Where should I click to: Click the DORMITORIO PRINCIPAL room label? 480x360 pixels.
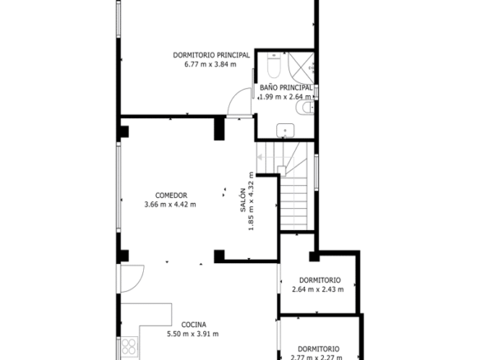pos(211,55)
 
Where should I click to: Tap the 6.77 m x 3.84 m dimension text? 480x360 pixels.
pos(210,65)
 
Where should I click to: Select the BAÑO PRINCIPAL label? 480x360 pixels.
pos(286,88)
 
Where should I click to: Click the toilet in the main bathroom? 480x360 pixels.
pos(274,65)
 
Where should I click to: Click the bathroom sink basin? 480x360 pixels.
pos(285,131)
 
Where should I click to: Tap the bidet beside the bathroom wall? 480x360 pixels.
pos(305,108)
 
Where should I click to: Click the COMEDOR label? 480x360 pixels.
pos(171,196)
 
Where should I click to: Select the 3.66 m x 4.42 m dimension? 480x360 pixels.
pos(170,205)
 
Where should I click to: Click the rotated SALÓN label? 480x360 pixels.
pos(242,201)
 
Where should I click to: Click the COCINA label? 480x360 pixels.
pos(194,325)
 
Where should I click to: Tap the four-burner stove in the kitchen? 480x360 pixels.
pos(129,346)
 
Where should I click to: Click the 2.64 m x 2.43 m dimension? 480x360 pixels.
pos(318,289)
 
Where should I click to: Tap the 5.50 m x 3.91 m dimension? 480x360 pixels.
pos(193,334)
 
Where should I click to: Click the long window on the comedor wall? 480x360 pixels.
pos(118,187)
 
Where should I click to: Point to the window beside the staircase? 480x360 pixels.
pos(316,173)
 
